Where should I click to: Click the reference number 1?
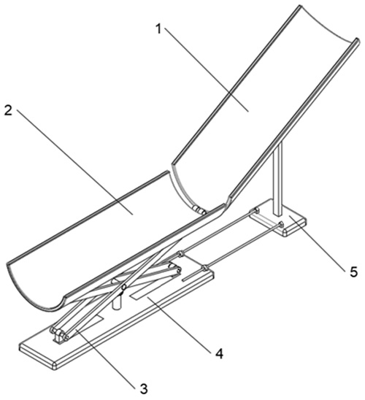pyautogui.click(x=158, y=28)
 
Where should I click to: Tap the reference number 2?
pyautogui.click(x=8, y=110)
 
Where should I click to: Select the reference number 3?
pyautogui.click(x=144, y=388)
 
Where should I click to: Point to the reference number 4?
pyautogui.click(x=219, y=354)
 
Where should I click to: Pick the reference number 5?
pyautogui.click(x=353, y=272)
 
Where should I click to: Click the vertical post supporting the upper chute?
pyautogui.click(x=278, y=179)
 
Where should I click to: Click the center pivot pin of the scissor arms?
pyautogui.click(x=123, y=287)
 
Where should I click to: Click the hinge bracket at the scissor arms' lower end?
pyautogui.click(x=60, y=336)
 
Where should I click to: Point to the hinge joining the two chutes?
pyautogui.click(x=199, y=210)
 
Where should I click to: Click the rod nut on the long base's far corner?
pyautogui.click(x=204, y=268)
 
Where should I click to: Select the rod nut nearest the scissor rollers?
pyautogui.click(x=180, y=254)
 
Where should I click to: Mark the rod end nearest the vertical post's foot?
pyautogui.click(x=280, y=224)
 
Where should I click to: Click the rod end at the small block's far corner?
pyautogui.click(x=255, y=210)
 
